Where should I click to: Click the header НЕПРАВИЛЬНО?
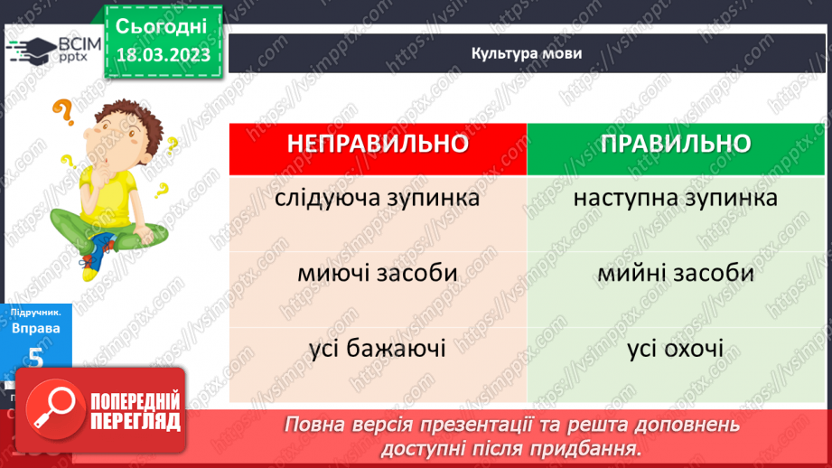pos(378,145)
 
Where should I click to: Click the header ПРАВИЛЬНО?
pos(675,145)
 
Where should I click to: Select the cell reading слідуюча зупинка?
pos(378,197)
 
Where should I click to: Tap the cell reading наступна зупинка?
pos(675,197)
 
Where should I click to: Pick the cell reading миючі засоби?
pos(378,272)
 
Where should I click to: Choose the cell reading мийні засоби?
pos(675,272)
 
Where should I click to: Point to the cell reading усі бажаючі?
pos(378,347)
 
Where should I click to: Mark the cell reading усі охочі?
pos(675,347)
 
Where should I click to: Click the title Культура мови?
pos(527,52)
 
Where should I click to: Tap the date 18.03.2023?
pos(163,54)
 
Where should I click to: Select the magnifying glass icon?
pos(51,407)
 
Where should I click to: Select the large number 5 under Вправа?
pos(36,357)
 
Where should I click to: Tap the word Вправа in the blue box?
pos(36,328)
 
